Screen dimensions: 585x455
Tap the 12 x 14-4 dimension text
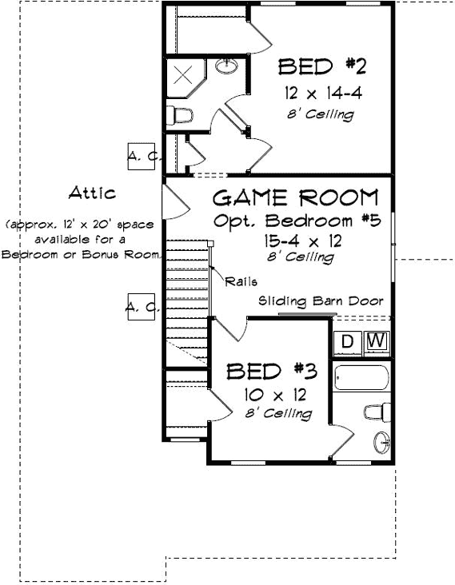point(322,94)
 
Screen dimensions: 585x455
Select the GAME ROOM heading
point(295,197)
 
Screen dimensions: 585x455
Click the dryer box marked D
point(348,342)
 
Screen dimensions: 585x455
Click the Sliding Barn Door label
point(321,301)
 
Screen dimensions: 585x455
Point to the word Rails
point(241,281)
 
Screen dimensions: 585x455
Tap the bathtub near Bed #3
point(361,378)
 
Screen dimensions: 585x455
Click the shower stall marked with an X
point(183,76)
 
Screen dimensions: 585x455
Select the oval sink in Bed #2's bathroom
point(226,66)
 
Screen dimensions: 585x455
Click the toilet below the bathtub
point(376,412)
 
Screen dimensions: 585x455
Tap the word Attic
point(92,193)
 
